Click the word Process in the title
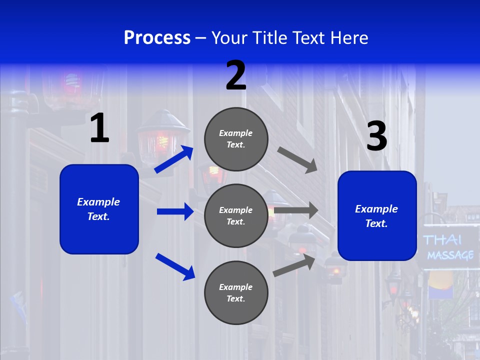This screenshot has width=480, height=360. coord(157,38)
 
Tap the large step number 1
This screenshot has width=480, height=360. coord(99,128)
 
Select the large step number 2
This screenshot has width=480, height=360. coord(236,75)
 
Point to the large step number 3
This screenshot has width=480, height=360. coord(376,136)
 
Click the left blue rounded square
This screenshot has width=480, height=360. coord(99,209)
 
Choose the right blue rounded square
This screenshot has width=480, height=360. coord(377,215)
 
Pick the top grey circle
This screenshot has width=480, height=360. coord(236,139)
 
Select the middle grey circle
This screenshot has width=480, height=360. coord(236,215)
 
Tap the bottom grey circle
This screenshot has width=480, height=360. coord(236,292)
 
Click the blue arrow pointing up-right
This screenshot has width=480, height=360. coord(174,159)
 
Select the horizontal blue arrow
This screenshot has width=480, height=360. coord(175,211)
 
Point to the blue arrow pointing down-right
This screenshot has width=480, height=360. coord(175,266)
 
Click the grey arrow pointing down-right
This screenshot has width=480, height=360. coord(297,159)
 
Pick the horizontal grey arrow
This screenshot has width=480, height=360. coord(296,210)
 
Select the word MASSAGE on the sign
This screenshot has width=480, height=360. coord(450,255)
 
